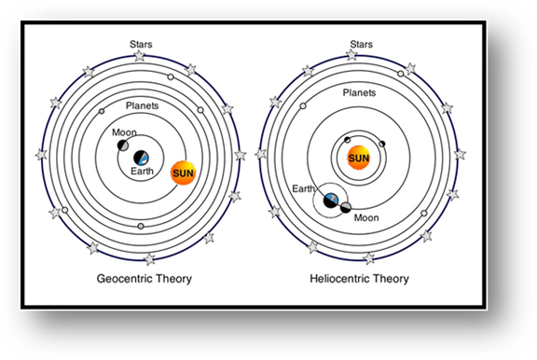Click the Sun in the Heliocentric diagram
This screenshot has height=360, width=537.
(359, 159)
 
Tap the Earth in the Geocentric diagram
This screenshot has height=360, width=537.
(142, 159)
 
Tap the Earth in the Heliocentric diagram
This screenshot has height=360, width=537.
(330, 199)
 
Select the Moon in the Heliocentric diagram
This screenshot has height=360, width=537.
(345, 208)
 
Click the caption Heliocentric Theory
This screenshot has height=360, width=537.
(359, 278)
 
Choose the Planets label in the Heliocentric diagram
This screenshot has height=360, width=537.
(359, 93)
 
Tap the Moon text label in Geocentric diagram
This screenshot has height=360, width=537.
(124, 132)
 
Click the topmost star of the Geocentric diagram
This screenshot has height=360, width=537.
(140, 56)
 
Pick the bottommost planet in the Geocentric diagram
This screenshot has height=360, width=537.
(140, 227)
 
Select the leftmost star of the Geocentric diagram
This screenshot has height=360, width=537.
(41, 155)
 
